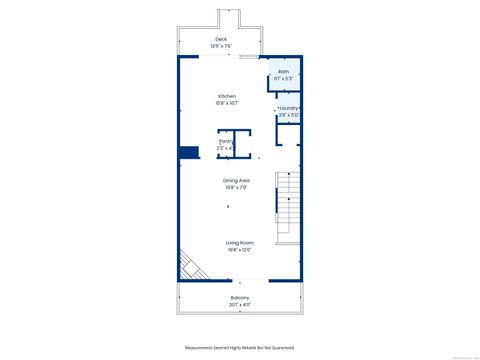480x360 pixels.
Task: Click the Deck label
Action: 220,39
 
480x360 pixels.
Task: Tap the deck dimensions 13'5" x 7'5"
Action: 220,46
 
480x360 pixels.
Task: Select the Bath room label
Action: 283,72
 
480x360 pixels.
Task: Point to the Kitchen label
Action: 227,96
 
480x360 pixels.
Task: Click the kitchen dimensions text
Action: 227,103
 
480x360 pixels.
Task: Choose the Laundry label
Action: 289,108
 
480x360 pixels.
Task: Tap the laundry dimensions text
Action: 289,115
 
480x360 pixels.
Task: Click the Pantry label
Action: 227,142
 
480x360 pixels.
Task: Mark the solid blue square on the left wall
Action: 187,153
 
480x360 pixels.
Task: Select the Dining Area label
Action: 236,180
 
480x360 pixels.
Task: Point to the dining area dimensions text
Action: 236,187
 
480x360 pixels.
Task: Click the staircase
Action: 288,205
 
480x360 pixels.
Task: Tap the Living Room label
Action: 238,243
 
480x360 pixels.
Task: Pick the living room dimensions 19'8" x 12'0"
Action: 238,250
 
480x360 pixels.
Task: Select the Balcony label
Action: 239,298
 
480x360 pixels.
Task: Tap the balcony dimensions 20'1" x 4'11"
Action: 239,305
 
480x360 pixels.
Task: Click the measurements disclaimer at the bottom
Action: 240,347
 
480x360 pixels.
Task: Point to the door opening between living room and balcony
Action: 239,283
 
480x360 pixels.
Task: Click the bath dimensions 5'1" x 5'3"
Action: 283,78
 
